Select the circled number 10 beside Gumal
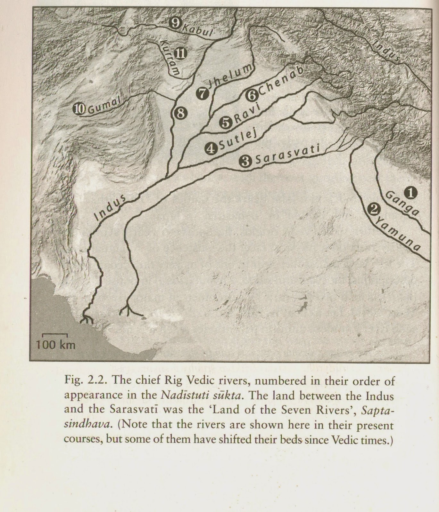point(79,109)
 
